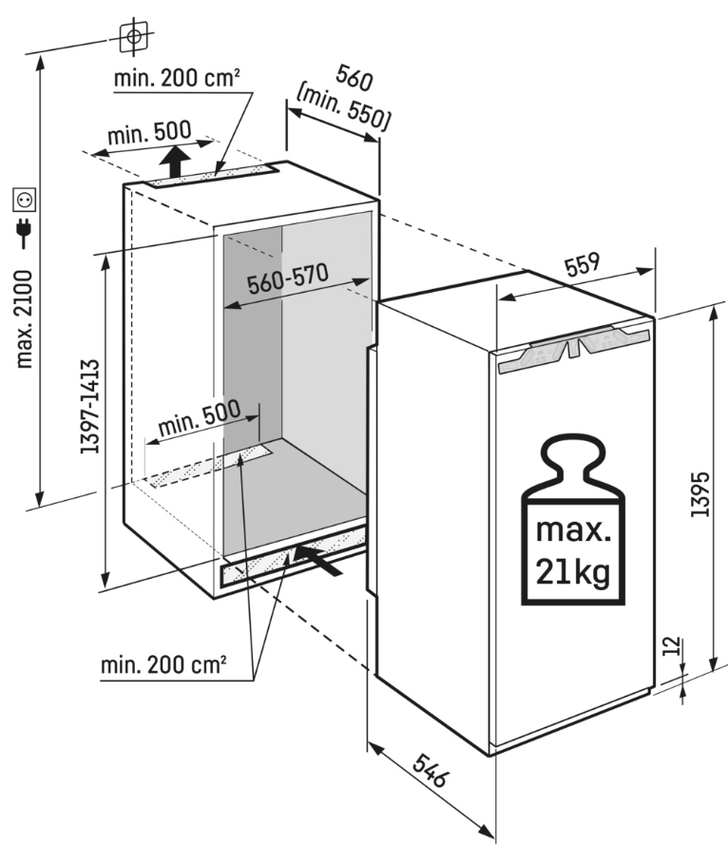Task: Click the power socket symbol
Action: pos(25,200)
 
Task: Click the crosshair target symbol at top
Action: pos(133,36)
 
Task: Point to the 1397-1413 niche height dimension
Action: pos(89,407)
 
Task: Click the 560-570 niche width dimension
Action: pos(287,279)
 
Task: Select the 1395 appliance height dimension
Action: pos(700,494)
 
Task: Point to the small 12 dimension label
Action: pos(672,648)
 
